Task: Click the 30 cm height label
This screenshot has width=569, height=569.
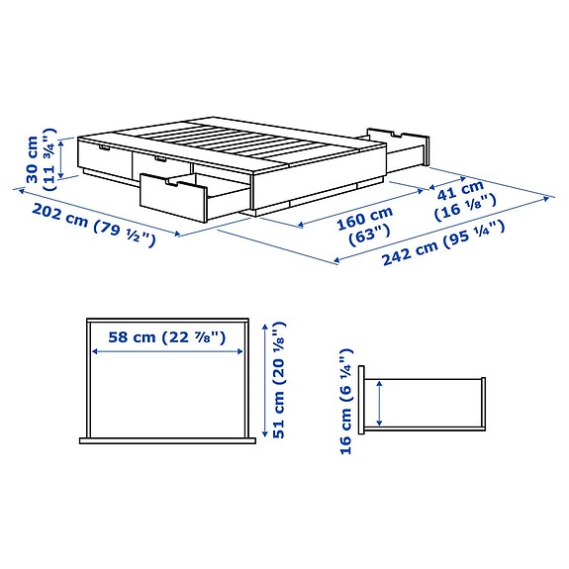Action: point(33,160)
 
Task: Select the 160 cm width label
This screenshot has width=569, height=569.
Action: point(364,214)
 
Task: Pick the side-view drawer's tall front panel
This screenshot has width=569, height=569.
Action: point(364,400)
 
